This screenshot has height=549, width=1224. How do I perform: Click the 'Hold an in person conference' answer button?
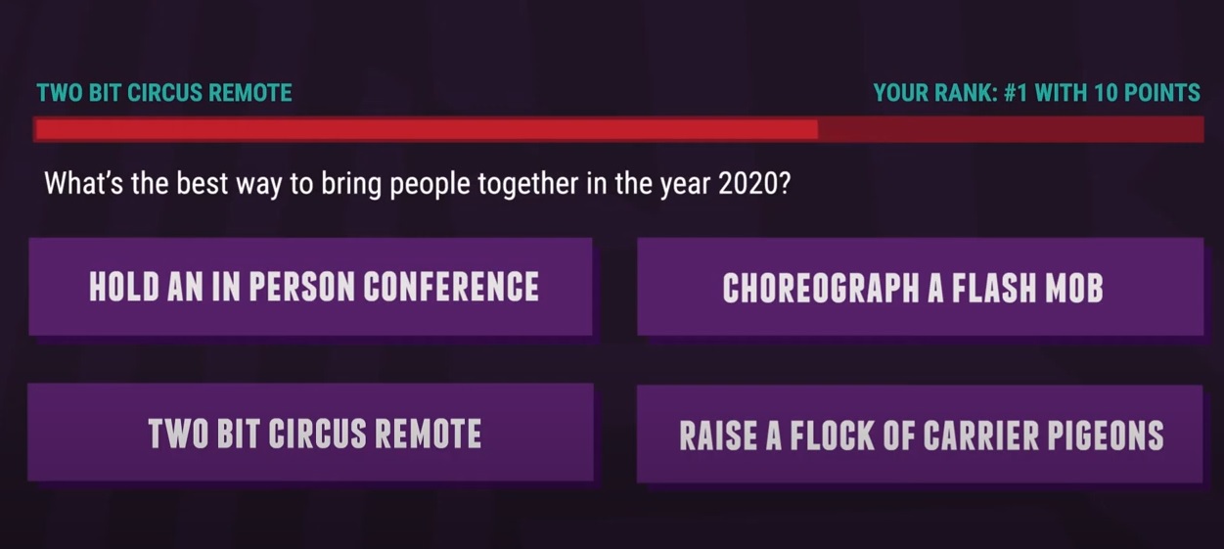[x=310, y=287]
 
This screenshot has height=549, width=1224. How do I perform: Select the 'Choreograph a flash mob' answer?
[x=920, y=287]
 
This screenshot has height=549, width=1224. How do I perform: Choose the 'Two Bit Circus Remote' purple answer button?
[x=310, y=433]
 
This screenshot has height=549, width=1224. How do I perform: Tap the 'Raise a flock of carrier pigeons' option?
[x=920, y=434]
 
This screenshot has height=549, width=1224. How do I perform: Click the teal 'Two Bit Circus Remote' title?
[x=164, y=93]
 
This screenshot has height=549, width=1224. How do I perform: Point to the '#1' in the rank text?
[x=1016, y=93]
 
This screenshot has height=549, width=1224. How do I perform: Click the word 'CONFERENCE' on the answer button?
[x=451, y=287]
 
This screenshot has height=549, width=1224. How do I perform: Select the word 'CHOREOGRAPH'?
[x=821, y=288]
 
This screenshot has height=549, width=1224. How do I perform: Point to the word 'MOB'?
[x=1075, y=288]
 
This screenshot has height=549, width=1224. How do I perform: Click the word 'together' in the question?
[x=527, y=185]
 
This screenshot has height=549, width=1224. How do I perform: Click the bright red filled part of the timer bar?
[x=427, y=129]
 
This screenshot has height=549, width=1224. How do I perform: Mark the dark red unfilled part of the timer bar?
[x=1011, y=129]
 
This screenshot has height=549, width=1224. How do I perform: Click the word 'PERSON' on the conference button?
[x=302, y=287]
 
